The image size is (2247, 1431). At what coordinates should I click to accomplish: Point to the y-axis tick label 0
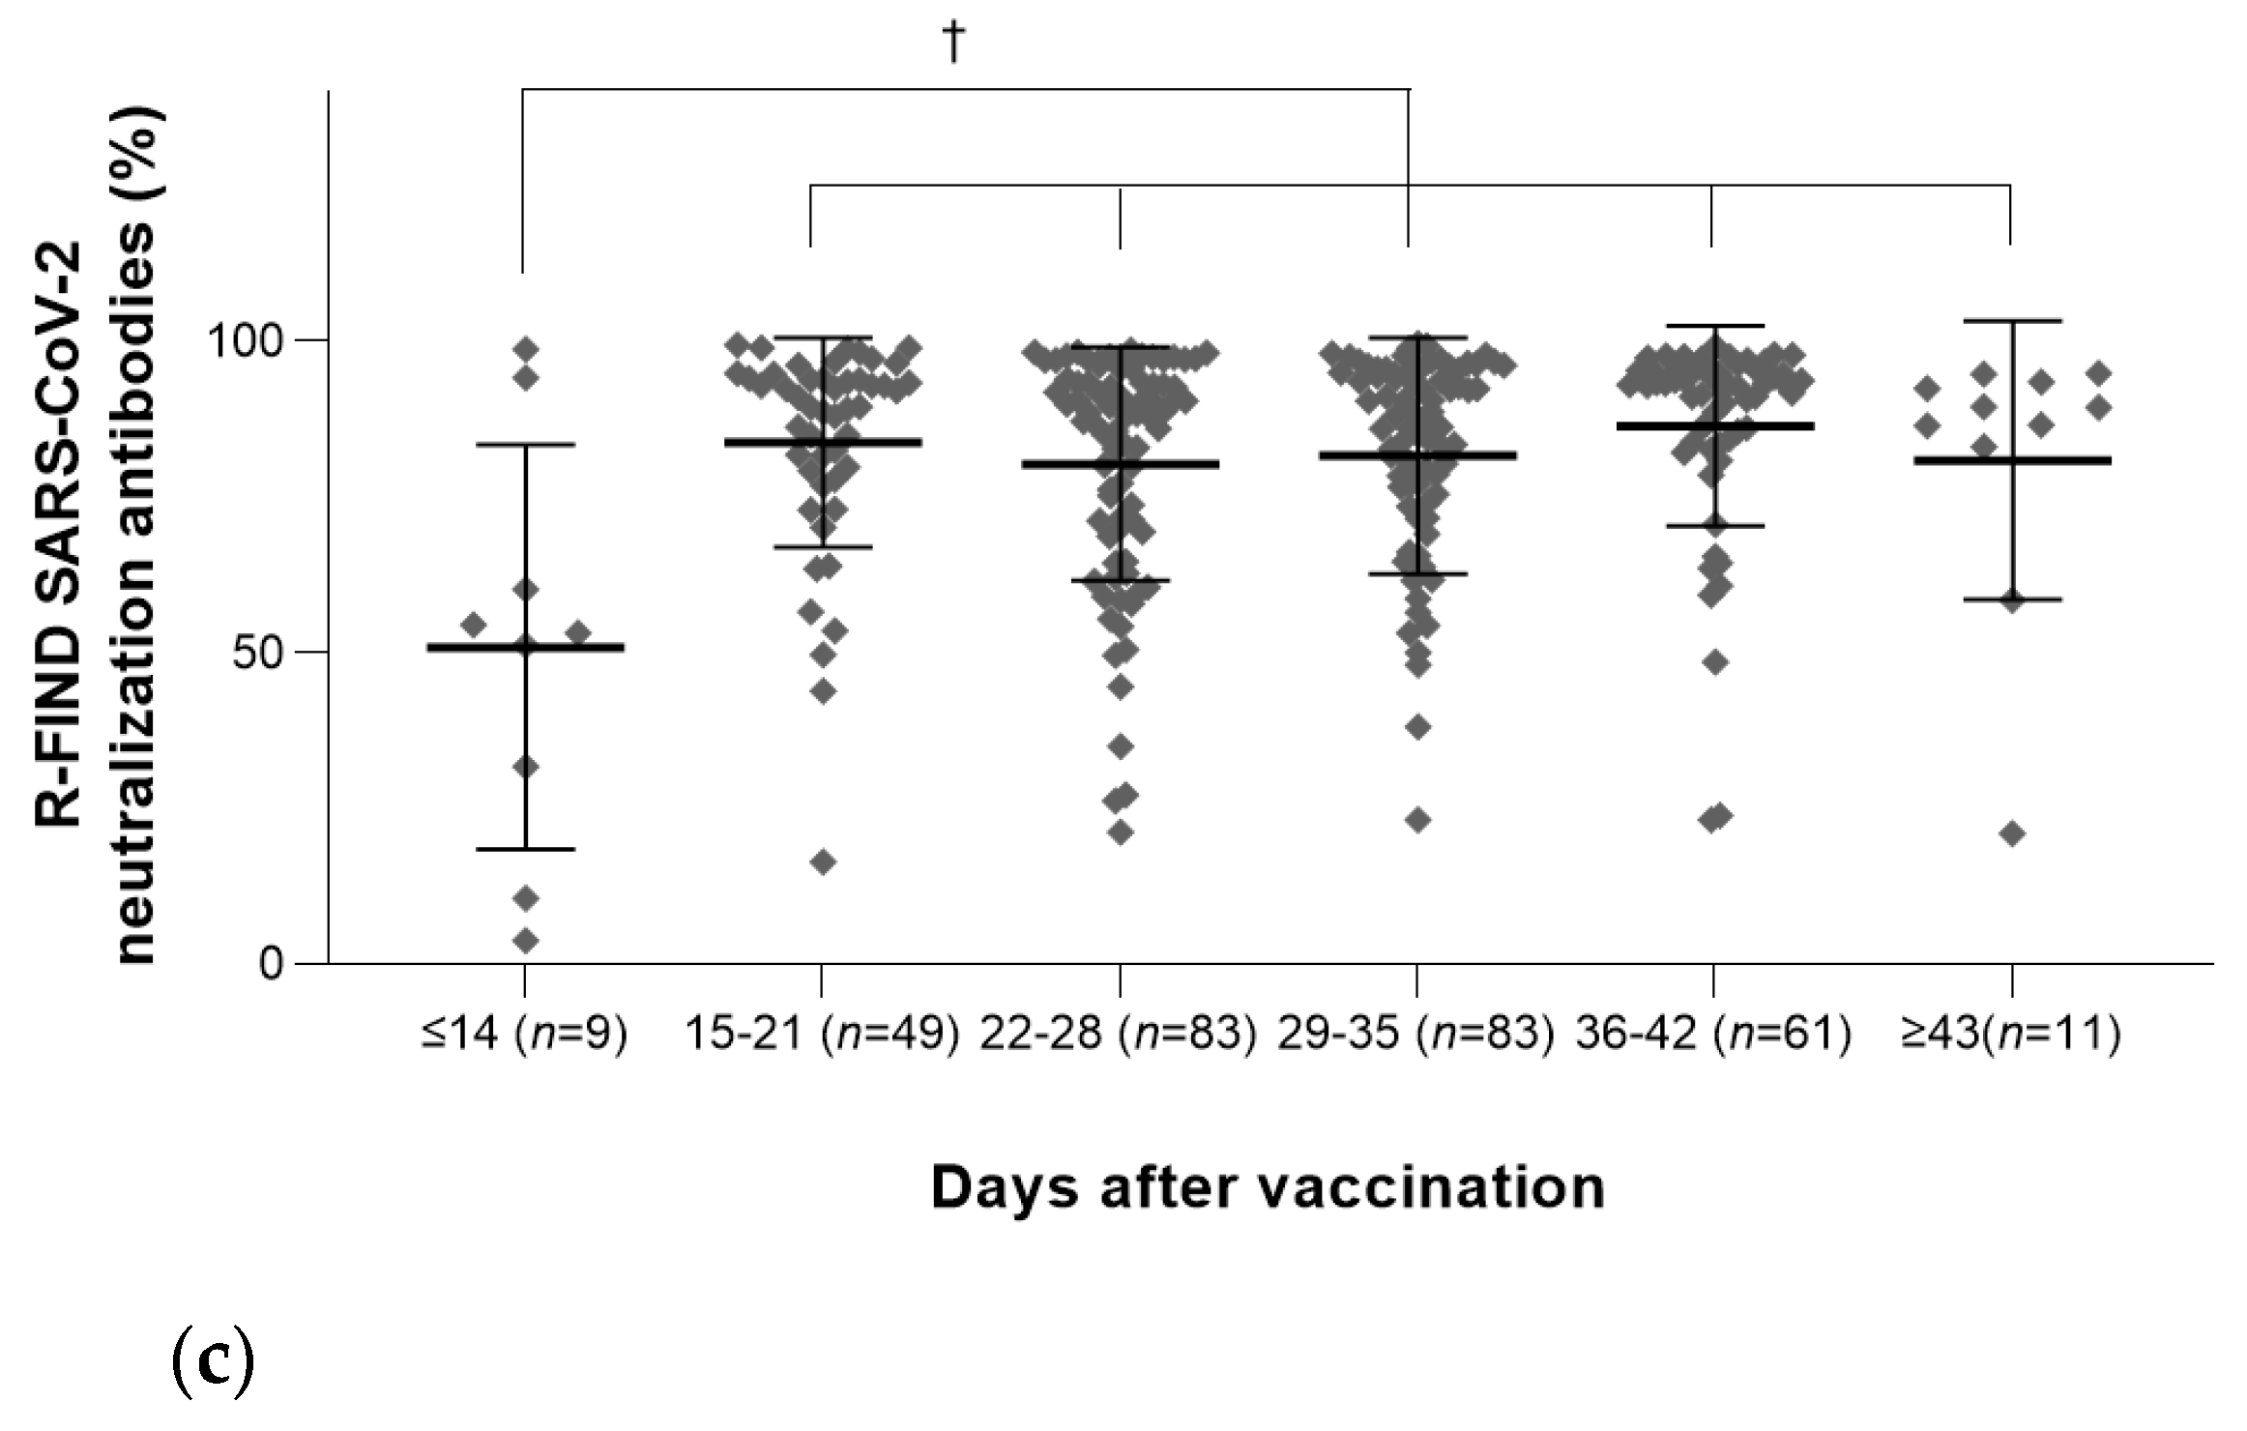click(272, 964)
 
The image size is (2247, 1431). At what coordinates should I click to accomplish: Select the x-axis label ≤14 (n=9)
click(524, 1035)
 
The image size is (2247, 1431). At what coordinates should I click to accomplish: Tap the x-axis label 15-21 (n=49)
click(822, 1035)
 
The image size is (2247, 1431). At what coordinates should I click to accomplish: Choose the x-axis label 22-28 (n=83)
click(1119, 1035)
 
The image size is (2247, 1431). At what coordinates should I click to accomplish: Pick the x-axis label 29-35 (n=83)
click(1416, 1035)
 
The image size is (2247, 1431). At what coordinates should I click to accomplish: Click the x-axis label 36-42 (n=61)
click(1713, 1035)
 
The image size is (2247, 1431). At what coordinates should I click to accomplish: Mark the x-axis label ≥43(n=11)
click(2010, 1035)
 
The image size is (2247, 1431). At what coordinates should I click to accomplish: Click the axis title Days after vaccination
click(1268, 1188)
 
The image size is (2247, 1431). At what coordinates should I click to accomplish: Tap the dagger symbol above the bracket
click(954, 42)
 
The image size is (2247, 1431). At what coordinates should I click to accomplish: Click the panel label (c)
click(213, 1361)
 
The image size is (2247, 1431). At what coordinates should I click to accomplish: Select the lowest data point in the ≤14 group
click(526, 940)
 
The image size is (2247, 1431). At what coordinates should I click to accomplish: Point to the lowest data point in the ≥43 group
click(2012, 833)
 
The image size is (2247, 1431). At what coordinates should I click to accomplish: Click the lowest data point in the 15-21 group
click(824, 862)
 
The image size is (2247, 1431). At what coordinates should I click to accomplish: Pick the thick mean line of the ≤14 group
click(580, 647)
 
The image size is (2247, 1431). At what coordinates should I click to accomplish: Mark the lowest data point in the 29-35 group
click(1418, 820)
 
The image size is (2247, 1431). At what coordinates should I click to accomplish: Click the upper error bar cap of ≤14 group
click(526, 445)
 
